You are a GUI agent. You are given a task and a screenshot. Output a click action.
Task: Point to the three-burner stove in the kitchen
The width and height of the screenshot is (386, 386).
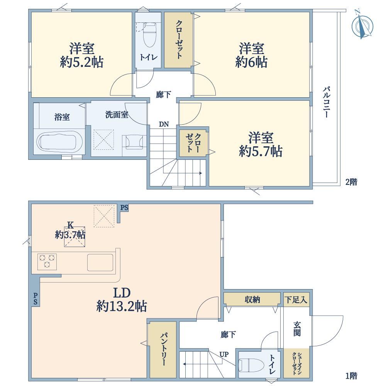click(47, 262)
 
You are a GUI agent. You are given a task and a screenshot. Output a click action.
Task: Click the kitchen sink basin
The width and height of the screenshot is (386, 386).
click(100, 262)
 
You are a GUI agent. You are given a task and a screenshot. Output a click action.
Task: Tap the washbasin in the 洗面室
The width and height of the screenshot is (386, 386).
click(134, 142)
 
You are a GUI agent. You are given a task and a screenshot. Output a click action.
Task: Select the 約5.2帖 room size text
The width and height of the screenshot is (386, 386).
click(81, 62)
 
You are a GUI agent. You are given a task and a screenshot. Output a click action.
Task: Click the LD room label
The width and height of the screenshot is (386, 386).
click(122, 293)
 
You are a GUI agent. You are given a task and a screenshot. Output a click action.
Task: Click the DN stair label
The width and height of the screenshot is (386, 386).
click(164, 124)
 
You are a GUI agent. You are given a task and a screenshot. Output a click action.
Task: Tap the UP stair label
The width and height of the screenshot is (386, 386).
click(224, 354)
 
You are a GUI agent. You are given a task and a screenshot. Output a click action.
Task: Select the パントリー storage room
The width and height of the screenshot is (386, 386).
click(163, 350)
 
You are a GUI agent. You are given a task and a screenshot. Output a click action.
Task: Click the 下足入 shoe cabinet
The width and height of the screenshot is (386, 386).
click(296, 300)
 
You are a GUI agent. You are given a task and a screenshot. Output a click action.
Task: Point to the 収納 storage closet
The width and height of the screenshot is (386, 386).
click(252, 300)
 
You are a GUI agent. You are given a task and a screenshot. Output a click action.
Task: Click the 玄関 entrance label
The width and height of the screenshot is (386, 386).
click(297, 329)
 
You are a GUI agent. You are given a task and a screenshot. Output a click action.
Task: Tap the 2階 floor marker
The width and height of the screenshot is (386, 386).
click(351, 182)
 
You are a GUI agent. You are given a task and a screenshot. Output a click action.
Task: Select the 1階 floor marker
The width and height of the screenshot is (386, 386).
click(351, 376)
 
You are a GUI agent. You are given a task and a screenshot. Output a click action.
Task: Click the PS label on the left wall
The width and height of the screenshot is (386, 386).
click(36, 298)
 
